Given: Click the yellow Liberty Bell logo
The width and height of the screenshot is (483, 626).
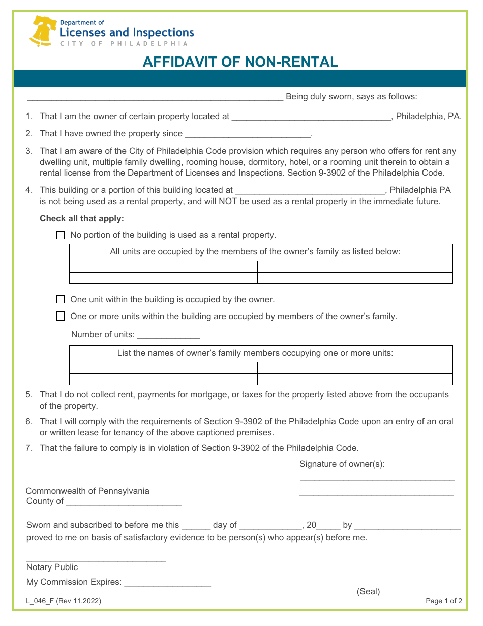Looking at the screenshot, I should tap(43, 31).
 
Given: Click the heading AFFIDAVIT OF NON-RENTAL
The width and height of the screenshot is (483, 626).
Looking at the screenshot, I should tap(240, 62).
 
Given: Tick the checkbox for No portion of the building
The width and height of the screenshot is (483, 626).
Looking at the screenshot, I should tap(61, 235).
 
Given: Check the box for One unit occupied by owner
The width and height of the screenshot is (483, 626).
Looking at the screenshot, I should tap(61, 299).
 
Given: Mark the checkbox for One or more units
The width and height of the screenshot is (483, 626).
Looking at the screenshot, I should tap(61, 316).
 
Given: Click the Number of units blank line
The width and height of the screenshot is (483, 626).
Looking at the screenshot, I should tap(168, 336).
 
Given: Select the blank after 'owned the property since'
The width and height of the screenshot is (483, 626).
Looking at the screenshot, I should tap(248, 135).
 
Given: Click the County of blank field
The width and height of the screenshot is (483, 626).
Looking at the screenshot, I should tap(124, 502).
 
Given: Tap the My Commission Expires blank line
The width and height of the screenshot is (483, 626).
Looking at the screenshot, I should tap(167, 583).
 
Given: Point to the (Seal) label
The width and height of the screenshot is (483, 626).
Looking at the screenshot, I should tap(368, 591).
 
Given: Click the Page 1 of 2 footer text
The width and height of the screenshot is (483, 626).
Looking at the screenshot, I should tap(443, 601).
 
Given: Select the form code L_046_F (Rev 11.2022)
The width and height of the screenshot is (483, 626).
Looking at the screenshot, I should tap(64, 601).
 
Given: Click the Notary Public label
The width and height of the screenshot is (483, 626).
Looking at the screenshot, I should tap(52, 567).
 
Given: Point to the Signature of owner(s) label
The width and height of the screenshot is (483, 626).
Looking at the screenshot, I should tap(342, 464).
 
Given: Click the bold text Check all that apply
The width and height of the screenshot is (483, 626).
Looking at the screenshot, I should tap(82, 219).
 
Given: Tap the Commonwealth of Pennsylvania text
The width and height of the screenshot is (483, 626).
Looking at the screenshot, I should tap(87, 491).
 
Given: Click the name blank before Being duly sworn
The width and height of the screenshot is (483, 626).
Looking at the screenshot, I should tap(155, 98).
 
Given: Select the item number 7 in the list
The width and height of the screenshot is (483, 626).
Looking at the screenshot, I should tap(29, 448).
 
